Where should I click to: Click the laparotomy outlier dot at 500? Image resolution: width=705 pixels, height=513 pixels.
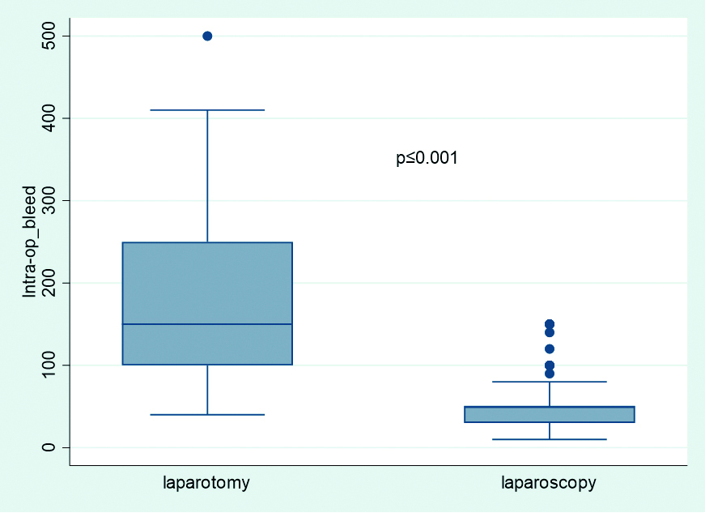click(207, 36)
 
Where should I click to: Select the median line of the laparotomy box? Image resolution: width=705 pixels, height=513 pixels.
click(207, 324)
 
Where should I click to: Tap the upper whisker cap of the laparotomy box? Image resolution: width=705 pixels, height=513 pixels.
click(207, 110)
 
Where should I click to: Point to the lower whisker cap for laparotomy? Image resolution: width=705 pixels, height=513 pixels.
click(207, 414)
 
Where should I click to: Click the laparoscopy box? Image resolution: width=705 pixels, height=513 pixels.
click(550, 414)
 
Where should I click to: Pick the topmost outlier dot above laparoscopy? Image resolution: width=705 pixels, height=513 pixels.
click(550, 324)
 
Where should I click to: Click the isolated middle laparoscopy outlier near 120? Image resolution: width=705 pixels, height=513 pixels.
click(550, 348)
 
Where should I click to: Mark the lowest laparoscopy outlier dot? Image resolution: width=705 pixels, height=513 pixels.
click(550, 374)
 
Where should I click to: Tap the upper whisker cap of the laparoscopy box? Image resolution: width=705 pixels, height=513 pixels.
click(550, 382)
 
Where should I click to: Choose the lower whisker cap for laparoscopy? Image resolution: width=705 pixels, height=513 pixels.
click(550, 439)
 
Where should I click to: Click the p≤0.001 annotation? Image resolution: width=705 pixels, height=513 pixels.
click(427, 159)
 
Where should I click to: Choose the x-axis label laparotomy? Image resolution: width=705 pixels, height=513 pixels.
click(206, 483)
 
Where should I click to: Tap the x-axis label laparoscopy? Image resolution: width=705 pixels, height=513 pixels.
click(549, 483)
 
